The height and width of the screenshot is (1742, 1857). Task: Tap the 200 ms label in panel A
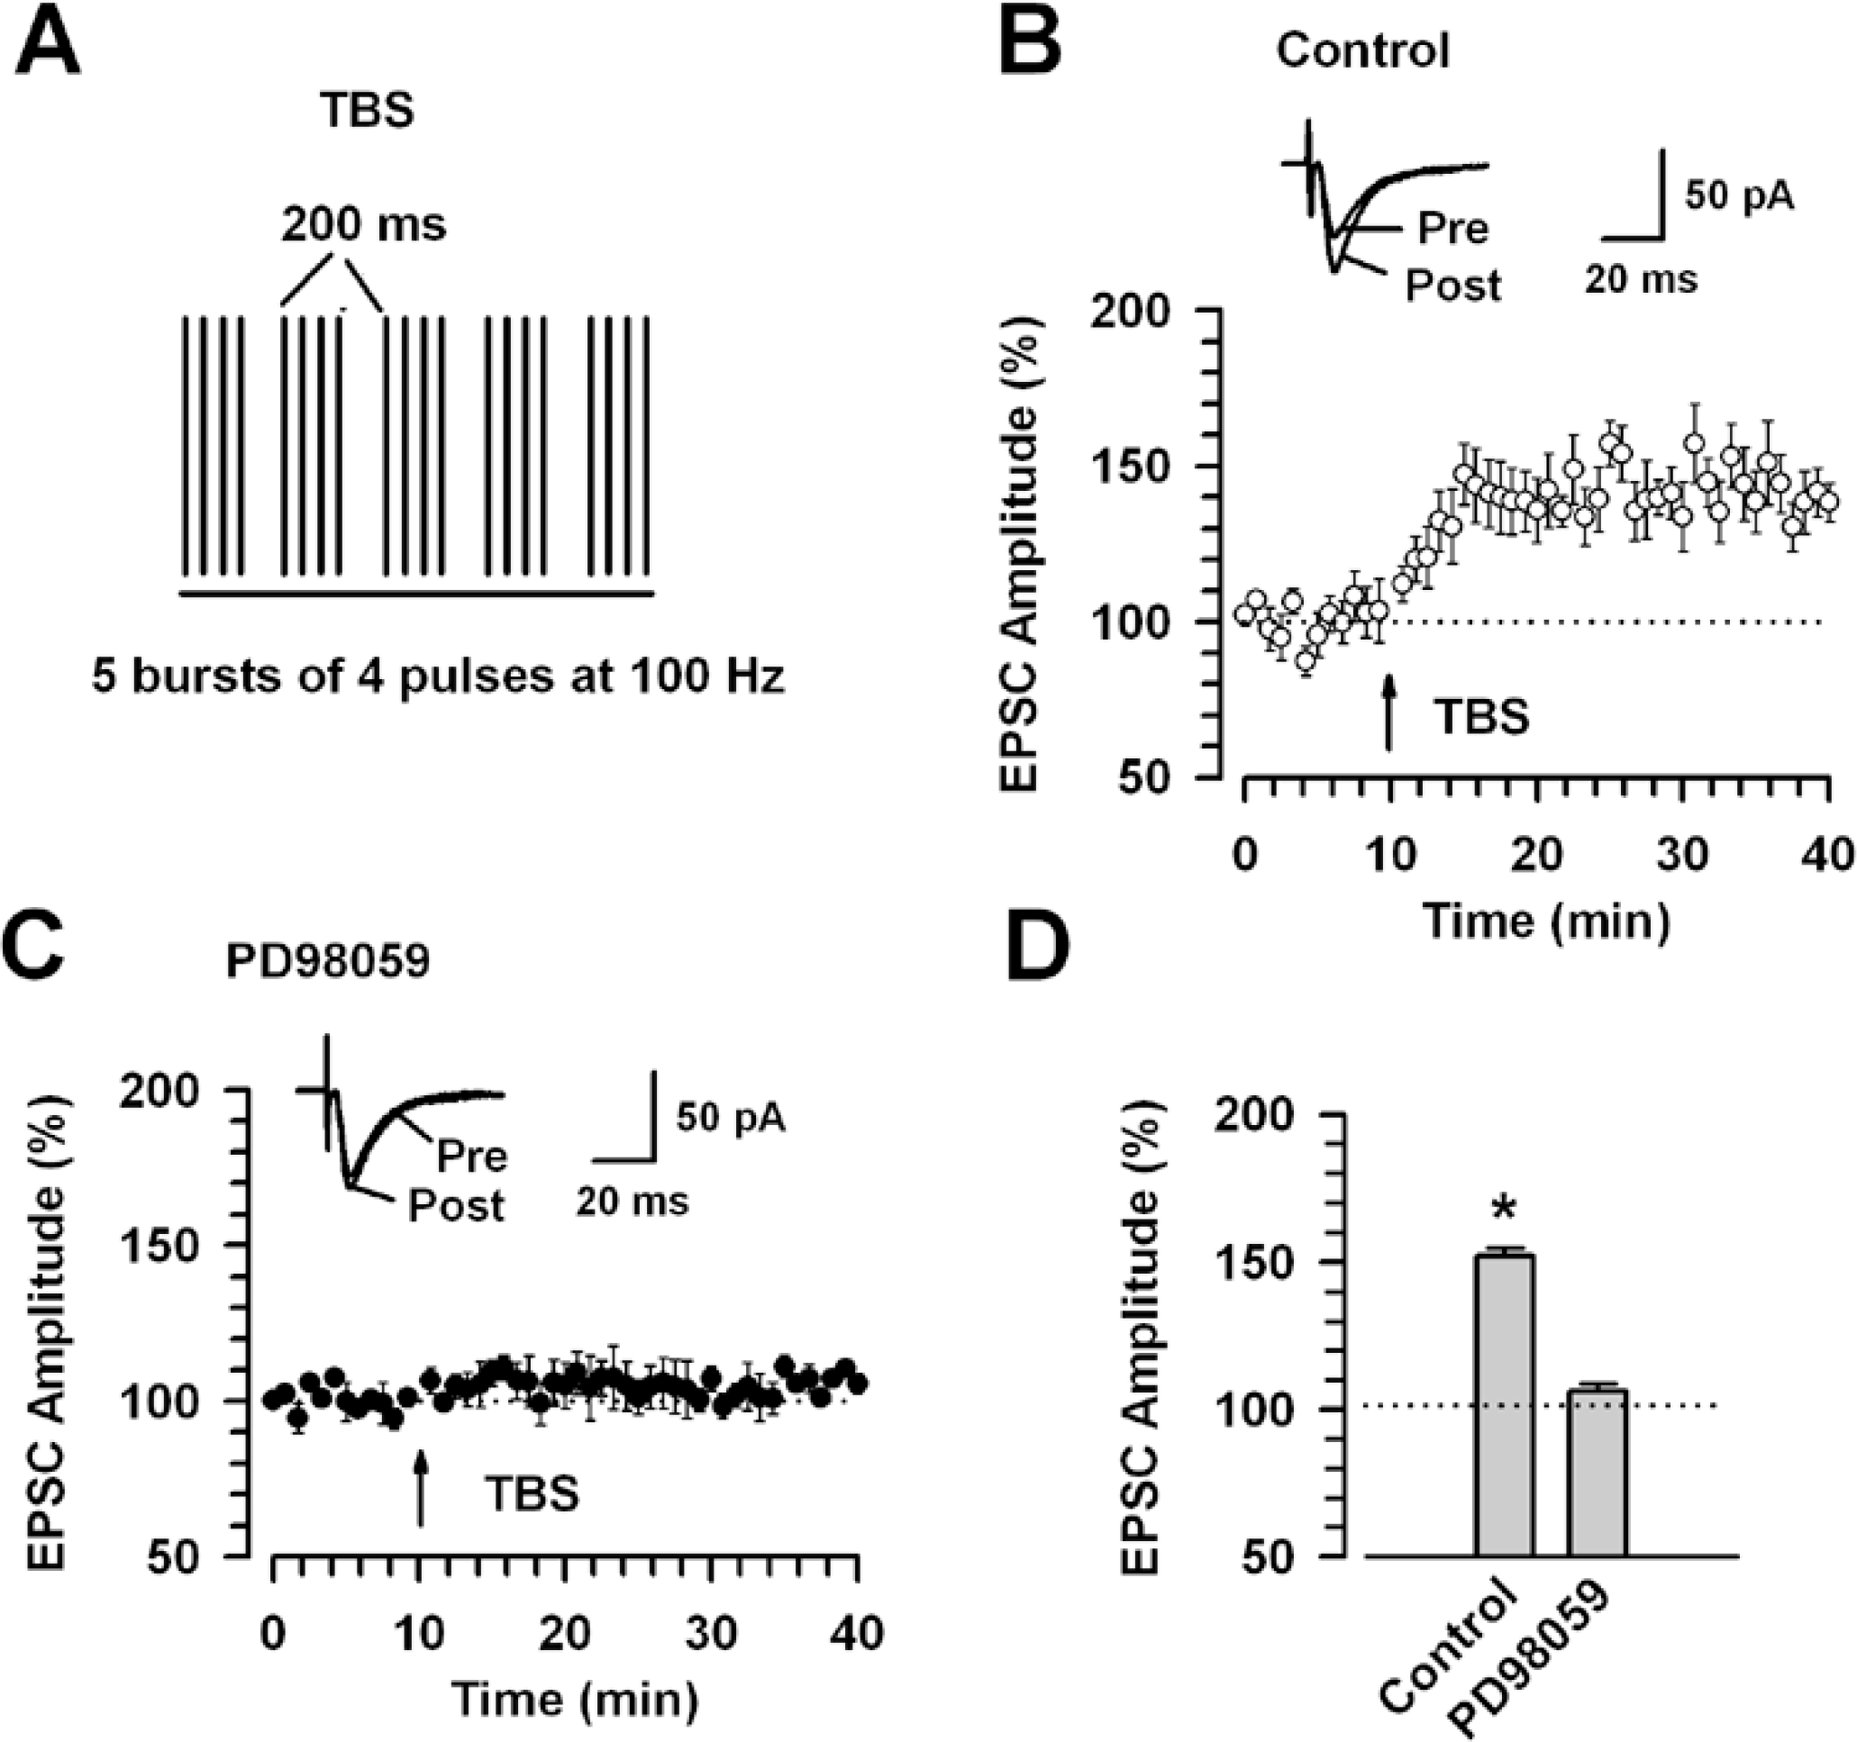tap(364, 224)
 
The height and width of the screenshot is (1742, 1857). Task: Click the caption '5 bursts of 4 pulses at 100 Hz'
tap(438, 676)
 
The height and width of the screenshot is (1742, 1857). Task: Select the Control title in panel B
tap(1363, 50)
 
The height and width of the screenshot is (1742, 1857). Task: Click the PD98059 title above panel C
tap(328, 963)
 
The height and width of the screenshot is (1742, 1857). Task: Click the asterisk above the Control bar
tap(1504, 1209)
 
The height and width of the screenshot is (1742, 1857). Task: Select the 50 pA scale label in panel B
tap(1739, 196)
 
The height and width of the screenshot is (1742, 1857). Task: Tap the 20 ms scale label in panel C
tap(633, 1201)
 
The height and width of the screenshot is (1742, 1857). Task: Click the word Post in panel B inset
tap(1453, 285)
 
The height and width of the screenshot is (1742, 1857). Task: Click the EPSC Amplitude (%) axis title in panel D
tap(1141, 1336)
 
